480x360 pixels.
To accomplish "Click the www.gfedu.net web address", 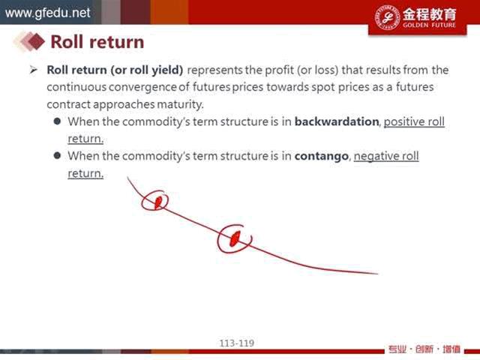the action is tap(47, 13).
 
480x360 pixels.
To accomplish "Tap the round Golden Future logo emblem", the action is tap(387, 17).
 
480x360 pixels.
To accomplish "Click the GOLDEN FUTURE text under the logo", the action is tap(429, 25).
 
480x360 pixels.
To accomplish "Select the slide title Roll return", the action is tap(97, 42).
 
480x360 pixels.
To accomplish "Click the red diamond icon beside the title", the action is tap(36, 41).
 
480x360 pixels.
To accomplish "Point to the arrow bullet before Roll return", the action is tap(33, 70).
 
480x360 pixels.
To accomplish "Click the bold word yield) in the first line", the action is tap(167, 70).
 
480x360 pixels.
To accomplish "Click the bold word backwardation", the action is tap(337, 121).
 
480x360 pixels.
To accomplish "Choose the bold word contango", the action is tap(322, 157).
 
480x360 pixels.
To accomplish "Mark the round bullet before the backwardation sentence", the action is tap(57, 121).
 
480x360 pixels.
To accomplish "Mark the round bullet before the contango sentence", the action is tap(57, 155).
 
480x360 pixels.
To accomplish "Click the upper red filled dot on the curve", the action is tap(158, 202).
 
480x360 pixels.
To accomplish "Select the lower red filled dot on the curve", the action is tap(235, 238).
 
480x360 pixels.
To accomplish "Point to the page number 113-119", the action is tap(237, 343).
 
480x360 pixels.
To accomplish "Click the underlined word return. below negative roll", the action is tap(85, 173).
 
